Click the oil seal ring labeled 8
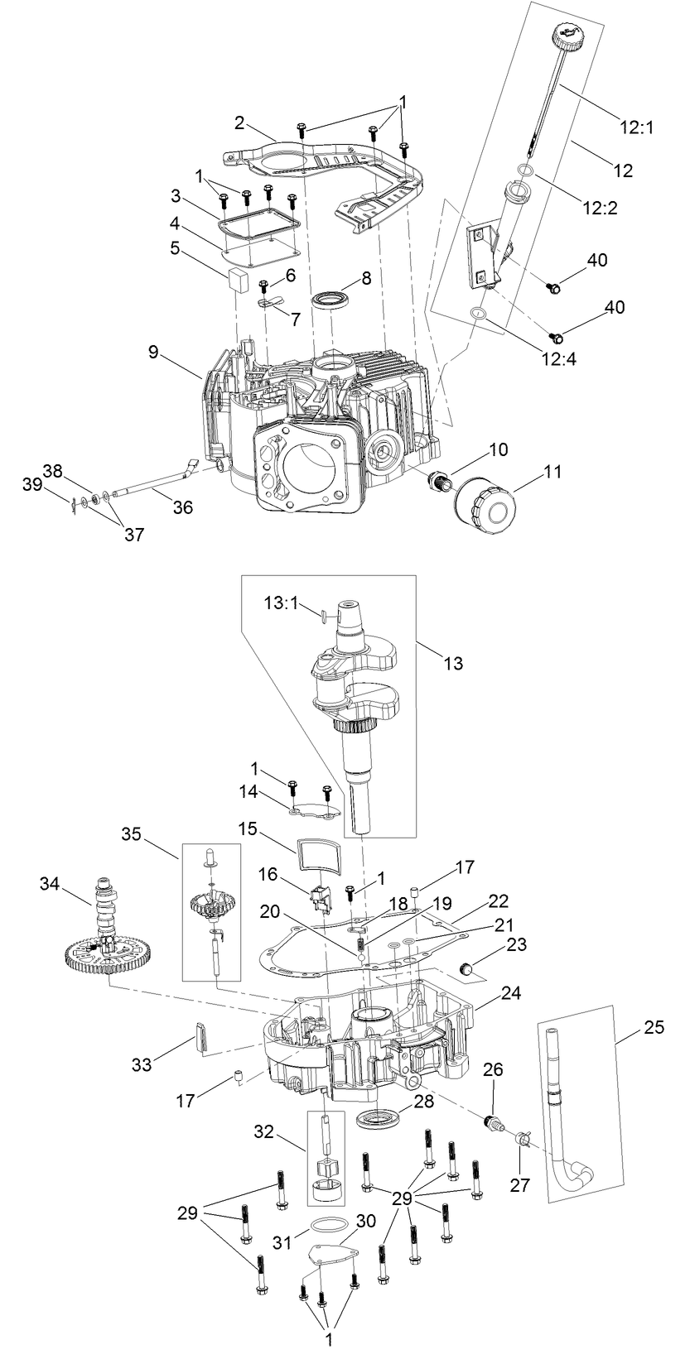[331, 298]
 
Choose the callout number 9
[153, 351]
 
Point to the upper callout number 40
[597, 260]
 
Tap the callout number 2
[239, 122]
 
